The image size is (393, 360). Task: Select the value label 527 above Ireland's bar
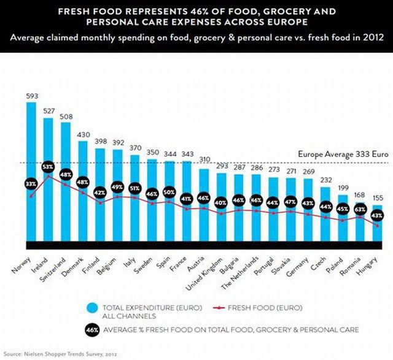point(48,111)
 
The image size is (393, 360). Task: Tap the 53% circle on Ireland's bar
point(48,167)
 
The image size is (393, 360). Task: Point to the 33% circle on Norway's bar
point(31,184)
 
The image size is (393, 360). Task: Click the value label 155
point(377,199)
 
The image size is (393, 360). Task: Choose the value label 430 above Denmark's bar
point(82,134)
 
